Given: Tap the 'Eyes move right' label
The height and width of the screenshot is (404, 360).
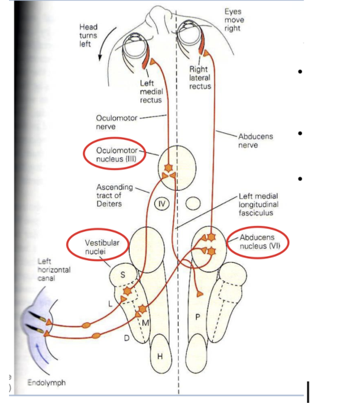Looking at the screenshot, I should click(234, 20).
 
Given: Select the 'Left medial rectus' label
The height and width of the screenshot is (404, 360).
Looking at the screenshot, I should click(151, 92).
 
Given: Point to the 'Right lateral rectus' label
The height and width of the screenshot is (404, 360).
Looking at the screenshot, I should click(200, 78).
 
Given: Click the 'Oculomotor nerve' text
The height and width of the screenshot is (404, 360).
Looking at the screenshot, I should click(114, 122).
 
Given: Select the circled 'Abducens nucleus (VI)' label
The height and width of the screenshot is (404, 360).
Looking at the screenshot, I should click(257, 242).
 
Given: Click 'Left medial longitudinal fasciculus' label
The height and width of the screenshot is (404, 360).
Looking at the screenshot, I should click(258, 204).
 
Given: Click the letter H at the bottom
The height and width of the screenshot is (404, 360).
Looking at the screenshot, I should click(160, 356).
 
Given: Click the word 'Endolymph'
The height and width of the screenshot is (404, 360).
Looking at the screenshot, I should click(46, 383).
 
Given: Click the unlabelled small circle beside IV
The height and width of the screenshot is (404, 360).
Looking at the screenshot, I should click(194, 202).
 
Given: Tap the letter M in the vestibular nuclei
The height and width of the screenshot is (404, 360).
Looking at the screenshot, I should click(145, 322).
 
